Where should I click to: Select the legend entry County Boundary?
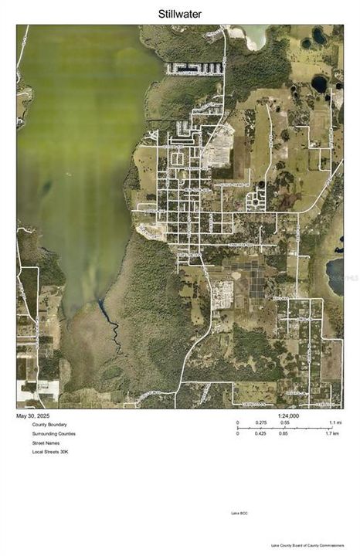click(x=49, y=425)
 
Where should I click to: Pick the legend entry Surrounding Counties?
click(x=54, y=434)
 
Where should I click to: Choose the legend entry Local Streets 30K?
click(x=50, y=452)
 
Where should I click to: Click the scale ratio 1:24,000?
click(x=288, y=416)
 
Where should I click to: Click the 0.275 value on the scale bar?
click(x=262, y=423)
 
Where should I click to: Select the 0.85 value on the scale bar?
click(x=285, y=434)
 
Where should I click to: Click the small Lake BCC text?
click(x=239, y=514)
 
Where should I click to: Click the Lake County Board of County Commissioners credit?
click(x=304, y=545)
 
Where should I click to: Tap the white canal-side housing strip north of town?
click(x=195, y=69)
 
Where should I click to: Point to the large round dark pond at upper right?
click(x=318, y=83)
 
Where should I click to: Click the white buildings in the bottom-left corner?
click(x=31, y=390)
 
